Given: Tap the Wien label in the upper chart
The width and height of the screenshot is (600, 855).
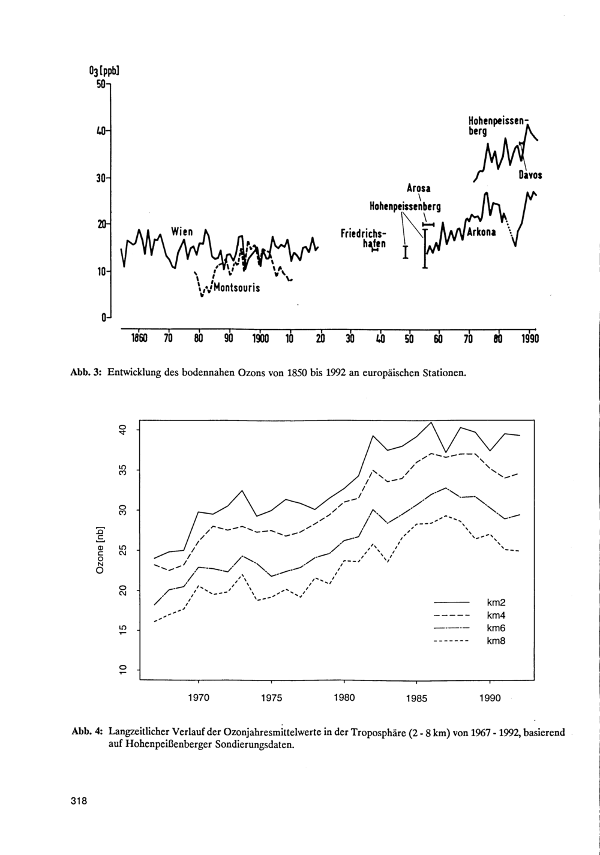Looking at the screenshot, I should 181,230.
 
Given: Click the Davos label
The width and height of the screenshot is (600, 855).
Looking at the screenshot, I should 530,176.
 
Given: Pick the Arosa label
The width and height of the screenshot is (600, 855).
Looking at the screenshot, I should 418,188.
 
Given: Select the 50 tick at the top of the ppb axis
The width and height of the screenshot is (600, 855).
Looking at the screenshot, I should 100,85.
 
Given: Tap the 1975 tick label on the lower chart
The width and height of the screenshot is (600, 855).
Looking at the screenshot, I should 271,698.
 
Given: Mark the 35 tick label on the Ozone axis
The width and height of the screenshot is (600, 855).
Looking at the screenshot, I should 122,470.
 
